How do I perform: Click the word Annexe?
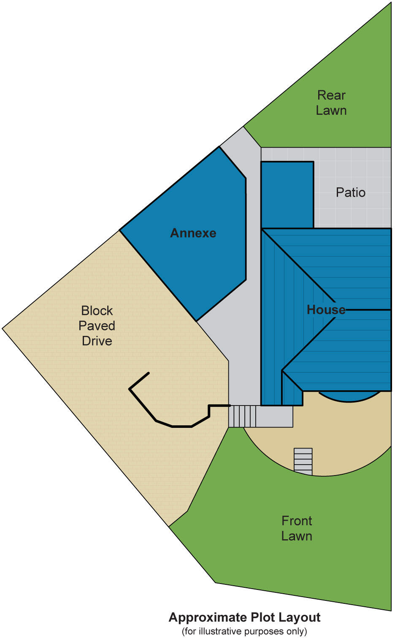coord(193,233)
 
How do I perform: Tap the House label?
coord(325,310)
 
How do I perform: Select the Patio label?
coord(350,192)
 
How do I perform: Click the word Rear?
coord(331,95)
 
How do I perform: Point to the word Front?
coord(297,521)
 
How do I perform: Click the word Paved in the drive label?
coord(97,326)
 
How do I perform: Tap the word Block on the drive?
coord(97,311)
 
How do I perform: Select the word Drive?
coord(97,341)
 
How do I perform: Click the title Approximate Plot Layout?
coord(244,617)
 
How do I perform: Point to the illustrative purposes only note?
coord(244,631)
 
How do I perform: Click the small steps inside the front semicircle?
coord(303,461)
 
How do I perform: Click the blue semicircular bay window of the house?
coord(349,396)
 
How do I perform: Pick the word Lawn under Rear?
coord(331,111)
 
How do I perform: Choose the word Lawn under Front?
coord(297,536)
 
